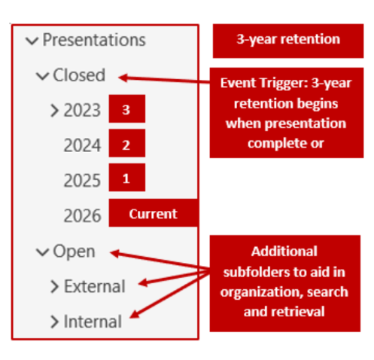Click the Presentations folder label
(x=94, y=40)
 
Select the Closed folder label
(x=78, y=75)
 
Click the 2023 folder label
(x=82, y=111)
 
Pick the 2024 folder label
(x=82, y=145)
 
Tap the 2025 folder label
(x=82, y=181)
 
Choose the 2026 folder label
(x=82, y=215)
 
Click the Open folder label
(x=74, y=252)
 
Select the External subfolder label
(x=95, y=286)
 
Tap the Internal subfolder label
(x=93, y=322)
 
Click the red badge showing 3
(x=126, y=109)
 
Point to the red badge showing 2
(x=126, y=144)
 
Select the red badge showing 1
(x=126, y=178)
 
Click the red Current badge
(x=153, y=214)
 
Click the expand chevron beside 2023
(x=54, y=111)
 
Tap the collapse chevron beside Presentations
(x=31, y=41)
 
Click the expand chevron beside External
(x=54, y=286)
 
